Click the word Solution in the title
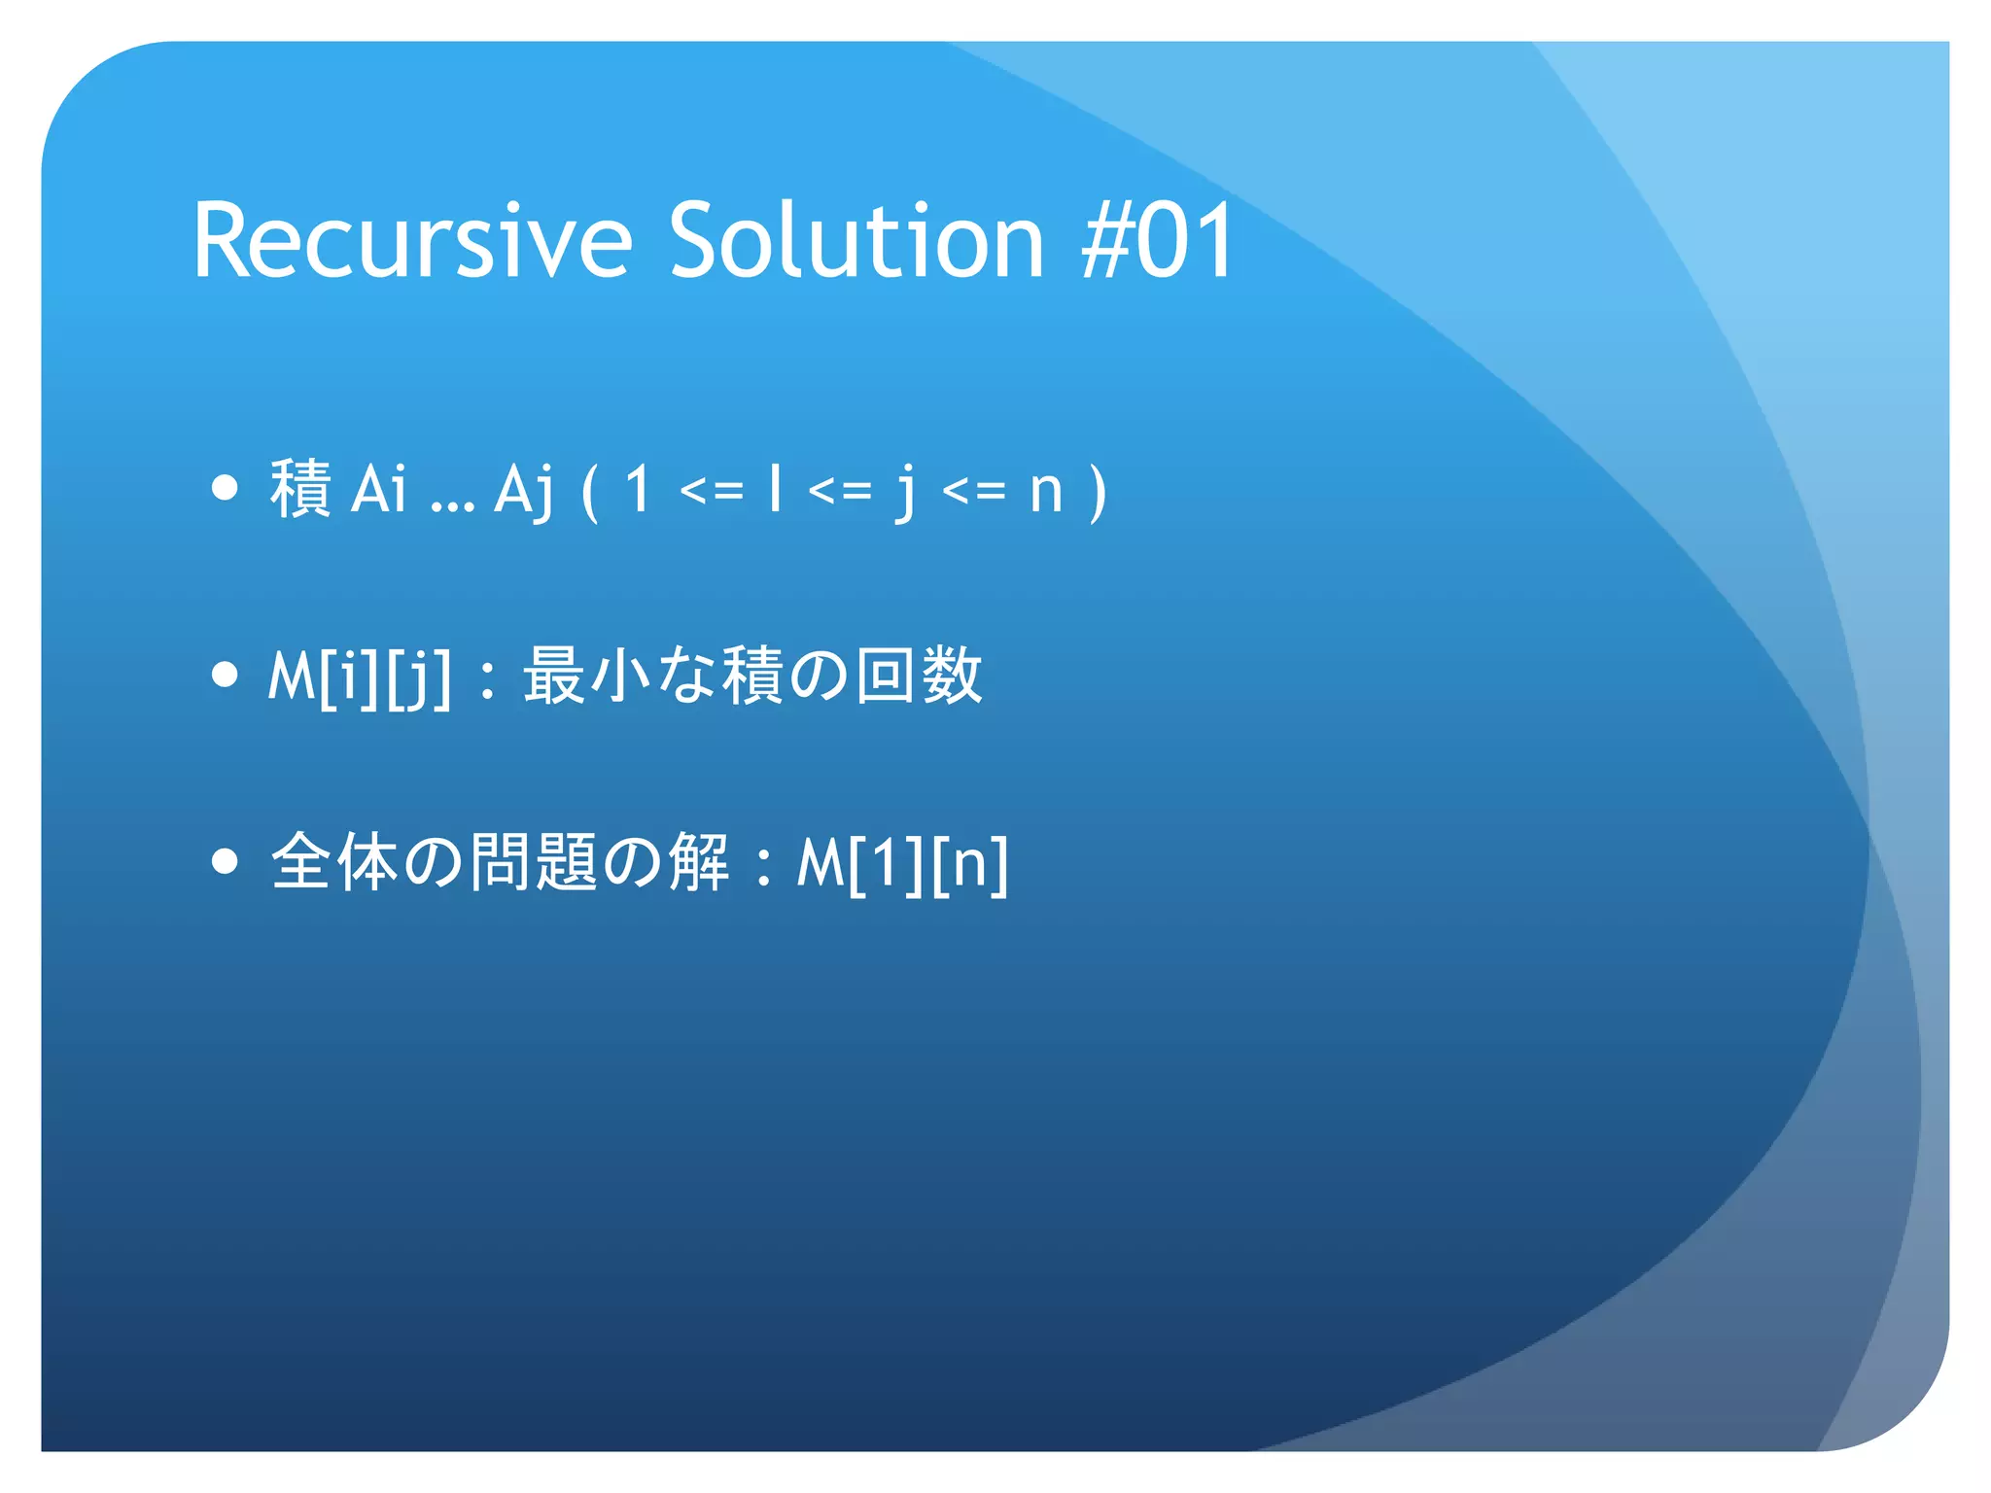(x=856, y=241)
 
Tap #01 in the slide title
(x=1157, y=241)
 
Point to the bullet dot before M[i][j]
(x=225, y=674)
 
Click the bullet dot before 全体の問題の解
(x=225, y=860)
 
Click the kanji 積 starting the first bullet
(x=300, y=489)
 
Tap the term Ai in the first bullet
(x=378, y=489)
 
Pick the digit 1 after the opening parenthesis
(x=638, y=489)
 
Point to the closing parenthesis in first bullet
(x=1099, y=491)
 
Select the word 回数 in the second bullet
(x=920, y=676)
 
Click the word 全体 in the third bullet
(x=333, y=862)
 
